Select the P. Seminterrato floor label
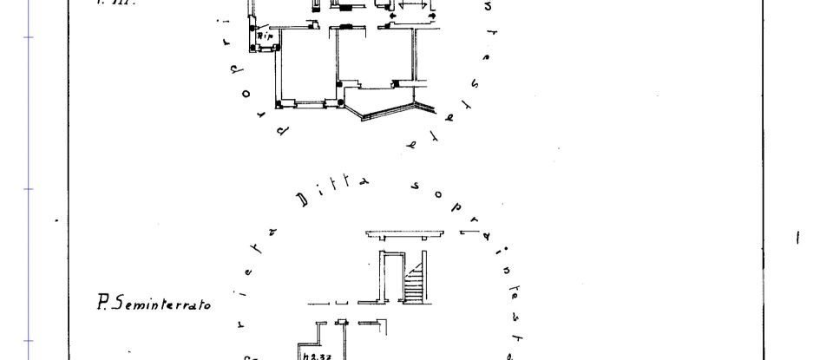click(154, 304)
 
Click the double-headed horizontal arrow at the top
click(413, 16)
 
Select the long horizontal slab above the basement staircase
click(409, 235)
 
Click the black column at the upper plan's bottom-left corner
click(278, 105)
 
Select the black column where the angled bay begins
click(341, 105)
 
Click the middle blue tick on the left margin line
click(29, 189)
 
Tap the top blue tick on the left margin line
click(29, 37)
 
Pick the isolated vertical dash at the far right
click(797, 237)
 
